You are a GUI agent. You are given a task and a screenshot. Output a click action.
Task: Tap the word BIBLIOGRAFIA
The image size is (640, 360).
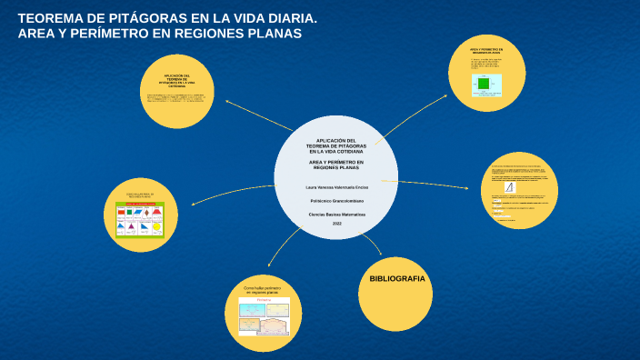(395, 278)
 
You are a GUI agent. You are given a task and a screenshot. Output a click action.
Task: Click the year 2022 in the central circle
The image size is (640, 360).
(336, 224)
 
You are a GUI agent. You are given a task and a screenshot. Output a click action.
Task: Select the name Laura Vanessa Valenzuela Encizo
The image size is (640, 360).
(336, 186)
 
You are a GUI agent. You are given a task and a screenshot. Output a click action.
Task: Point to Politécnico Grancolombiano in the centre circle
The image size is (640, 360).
(336, 200)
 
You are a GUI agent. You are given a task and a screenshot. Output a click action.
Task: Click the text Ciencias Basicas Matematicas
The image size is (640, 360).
(336, 214)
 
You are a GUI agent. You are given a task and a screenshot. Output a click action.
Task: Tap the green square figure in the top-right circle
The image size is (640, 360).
(484, 84)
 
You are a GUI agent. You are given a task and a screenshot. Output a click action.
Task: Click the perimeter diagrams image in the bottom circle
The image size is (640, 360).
(264, 316)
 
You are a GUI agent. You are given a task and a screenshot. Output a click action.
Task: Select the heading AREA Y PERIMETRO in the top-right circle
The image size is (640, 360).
(486, 51)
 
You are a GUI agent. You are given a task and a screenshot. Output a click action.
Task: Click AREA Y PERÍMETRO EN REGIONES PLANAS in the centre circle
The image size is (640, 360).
(336, 165)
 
